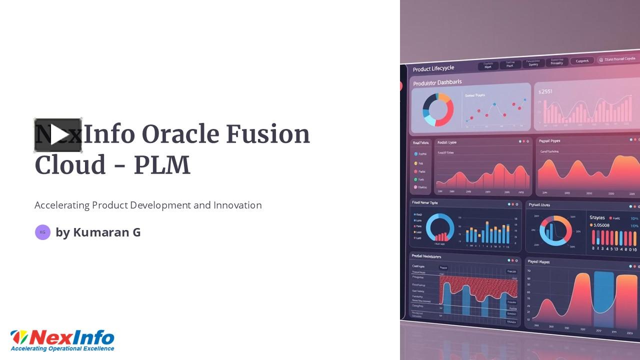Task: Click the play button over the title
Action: coord(58,135)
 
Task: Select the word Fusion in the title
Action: coord(267,135)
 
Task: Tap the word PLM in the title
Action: coord(162,165)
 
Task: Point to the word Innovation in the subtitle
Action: coord(237,205)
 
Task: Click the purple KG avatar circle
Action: coord(42,232)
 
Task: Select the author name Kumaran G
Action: coord(106,232)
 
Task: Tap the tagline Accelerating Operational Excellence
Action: coord(62,348)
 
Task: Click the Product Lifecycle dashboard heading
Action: coord(433,68)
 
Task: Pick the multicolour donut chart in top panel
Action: coord(438,109)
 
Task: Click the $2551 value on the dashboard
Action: coord(545,91)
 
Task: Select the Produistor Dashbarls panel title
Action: coord(437,82)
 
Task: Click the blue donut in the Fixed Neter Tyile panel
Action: coord(440,228)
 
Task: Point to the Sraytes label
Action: coord(597,217)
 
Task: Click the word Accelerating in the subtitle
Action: coord(62,205)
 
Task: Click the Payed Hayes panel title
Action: coord(538,261)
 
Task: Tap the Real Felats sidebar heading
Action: coord(420,142)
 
